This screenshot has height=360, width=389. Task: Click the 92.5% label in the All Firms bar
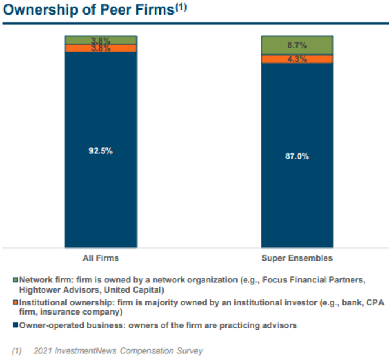tap(101, 151)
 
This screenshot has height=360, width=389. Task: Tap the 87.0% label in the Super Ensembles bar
tap(297, 156)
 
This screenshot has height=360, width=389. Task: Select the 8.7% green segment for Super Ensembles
tap(297, 45)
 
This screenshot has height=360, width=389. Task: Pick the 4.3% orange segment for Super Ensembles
tap(297, 59)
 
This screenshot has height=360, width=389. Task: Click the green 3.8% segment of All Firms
tap(101, 40)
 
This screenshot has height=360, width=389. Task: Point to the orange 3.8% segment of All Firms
tap(101, 48)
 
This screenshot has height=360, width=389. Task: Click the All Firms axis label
tap(101, 258)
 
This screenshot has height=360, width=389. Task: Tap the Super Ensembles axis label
tap(297, 258)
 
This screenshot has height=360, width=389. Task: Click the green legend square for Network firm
tap(16, 281)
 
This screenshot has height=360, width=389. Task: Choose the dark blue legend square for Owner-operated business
tap(16, 325)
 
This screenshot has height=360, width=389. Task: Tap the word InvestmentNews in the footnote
tap(83, 350)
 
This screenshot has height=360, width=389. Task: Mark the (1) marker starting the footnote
tap(16, 350)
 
